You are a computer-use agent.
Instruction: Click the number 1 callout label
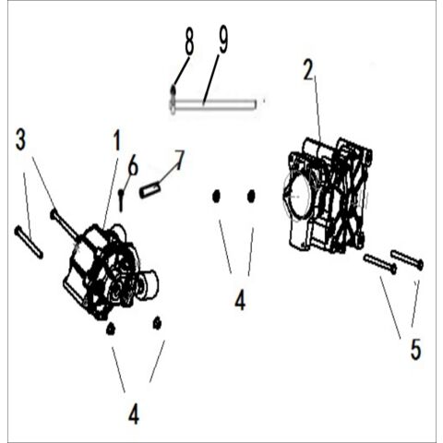pyautogui.click(x=116, y=141)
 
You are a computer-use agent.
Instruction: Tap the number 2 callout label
pyautogui.click(x=309, y=69)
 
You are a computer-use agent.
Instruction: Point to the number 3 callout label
pyautogui.click(x=21, y=141)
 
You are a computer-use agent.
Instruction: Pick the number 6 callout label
pyautogui.click(x=133, y=166)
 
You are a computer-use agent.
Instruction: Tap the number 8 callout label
pyautogui.click(x=189, y=42)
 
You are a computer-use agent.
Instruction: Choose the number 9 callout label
pyautogui.click(x=222, y=40)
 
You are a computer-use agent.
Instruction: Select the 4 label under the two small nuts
pyautogui.click(x=133, y=414)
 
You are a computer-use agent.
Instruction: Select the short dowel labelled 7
pyautogui.click(x=150, y=190)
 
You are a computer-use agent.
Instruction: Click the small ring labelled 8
pyautogui.click(x=173, y=90)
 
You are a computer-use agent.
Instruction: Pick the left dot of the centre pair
pyautogui.click(x=216, y=196)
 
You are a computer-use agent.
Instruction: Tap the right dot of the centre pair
pyautogui.click(x=250, y=196)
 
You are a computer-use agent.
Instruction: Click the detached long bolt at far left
pyautogui.click(x=29, y=242)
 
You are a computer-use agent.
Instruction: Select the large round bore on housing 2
pyautogui.click(x=300, y=196)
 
